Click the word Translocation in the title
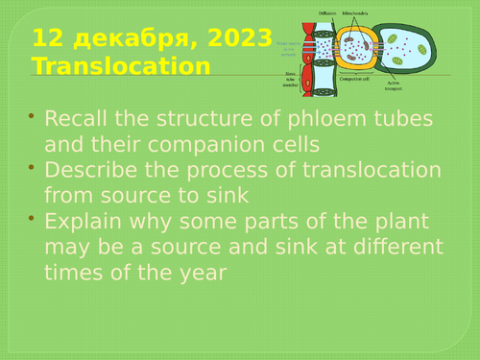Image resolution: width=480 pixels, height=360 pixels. pyautogui.click(x=120, y=66)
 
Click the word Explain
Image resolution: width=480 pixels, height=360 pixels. pyautogui.click(x=82, y=222)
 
